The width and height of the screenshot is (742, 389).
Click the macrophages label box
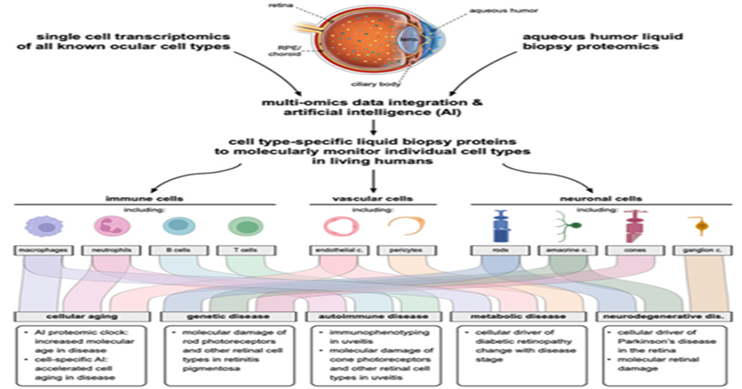point(38,252)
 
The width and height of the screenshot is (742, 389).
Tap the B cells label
point(178,252)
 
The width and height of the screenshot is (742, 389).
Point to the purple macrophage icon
point(38,226)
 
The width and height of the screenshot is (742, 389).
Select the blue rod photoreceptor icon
point(501,226)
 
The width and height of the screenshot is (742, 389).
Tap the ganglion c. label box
point(699,252)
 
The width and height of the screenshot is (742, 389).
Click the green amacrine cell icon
point(568,226)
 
